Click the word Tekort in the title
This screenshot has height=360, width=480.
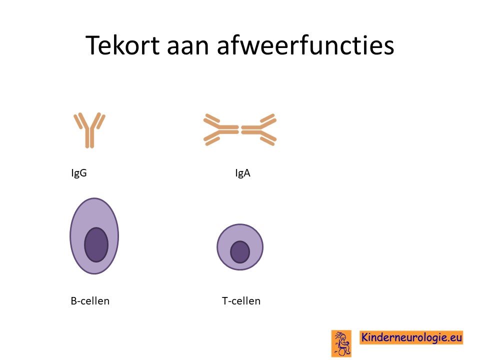[x=123, y=45]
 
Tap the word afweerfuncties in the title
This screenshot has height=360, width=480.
[x=305, y=45]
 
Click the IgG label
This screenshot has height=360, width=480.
[x=79, y=173]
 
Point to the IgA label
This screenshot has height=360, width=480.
[x=243, y=173]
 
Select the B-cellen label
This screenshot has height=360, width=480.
[x=90, y=301]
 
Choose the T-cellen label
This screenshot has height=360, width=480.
[x=241, y=301]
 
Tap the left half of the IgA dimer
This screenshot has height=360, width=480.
[x=221, y=129]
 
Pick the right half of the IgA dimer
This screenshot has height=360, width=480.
[x=259, y=129]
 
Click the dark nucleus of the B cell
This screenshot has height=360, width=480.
[x=96, y=244]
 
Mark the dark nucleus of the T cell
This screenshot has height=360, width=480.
[x=240, y=252]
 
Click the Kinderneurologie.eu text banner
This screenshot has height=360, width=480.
[x=411, y=337]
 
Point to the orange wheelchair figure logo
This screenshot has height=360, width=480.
[x=341, y=343]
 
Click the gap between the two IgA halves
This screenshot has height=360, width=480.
[x=240, y=130]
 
